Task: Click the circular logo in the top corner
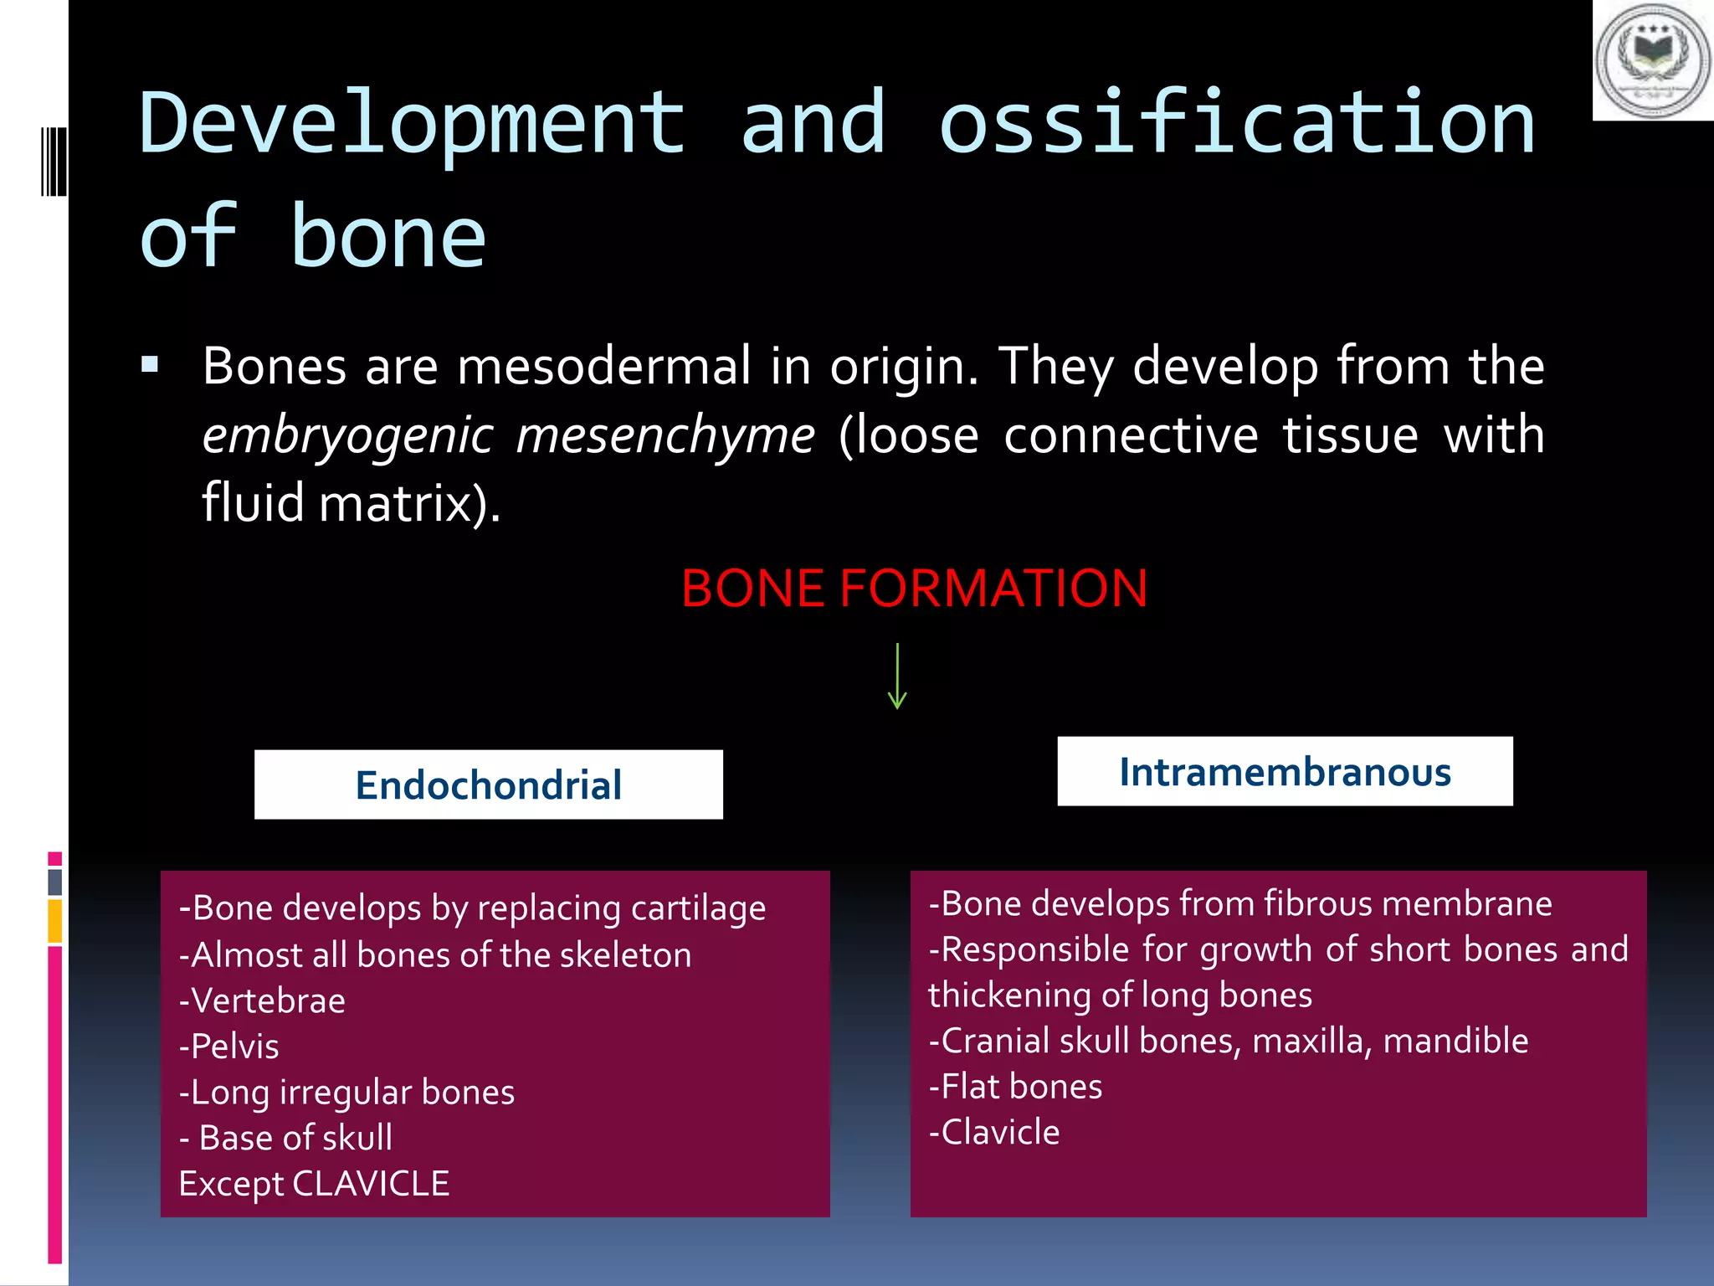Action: [x=1653, y=60]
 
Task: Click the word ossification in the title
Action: [x=1237, y=124]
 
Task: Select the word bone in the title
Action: [x=387, y=238]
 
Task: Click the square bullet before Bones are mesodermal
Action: [x=150, y=365]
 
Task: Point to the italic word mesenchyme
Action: [x=665, y=436]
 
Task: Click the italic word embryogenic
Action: [x=348, y=436]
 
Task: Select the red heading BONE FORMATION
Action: [x=914, y=588]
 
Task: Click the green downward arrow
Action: [x=897, y=676]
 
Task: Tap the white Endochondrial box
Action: [x=488, y=784]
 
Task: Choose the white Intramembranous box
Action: [x=1285, y=771]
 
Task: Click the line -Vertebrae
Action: [x=262, y=1001]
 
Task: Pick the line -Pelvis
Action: [x=228, y=1047]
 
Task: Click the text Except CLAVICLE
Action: [x=314, y=1184]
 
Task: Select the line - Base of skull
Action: [x=285, y=1138]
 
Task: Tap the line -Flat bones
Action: [x=1015, y=1087]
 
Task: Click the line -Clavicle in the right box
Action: [x=994, y=1133]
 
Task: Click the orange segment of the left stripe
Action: [x=54, y=921]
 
